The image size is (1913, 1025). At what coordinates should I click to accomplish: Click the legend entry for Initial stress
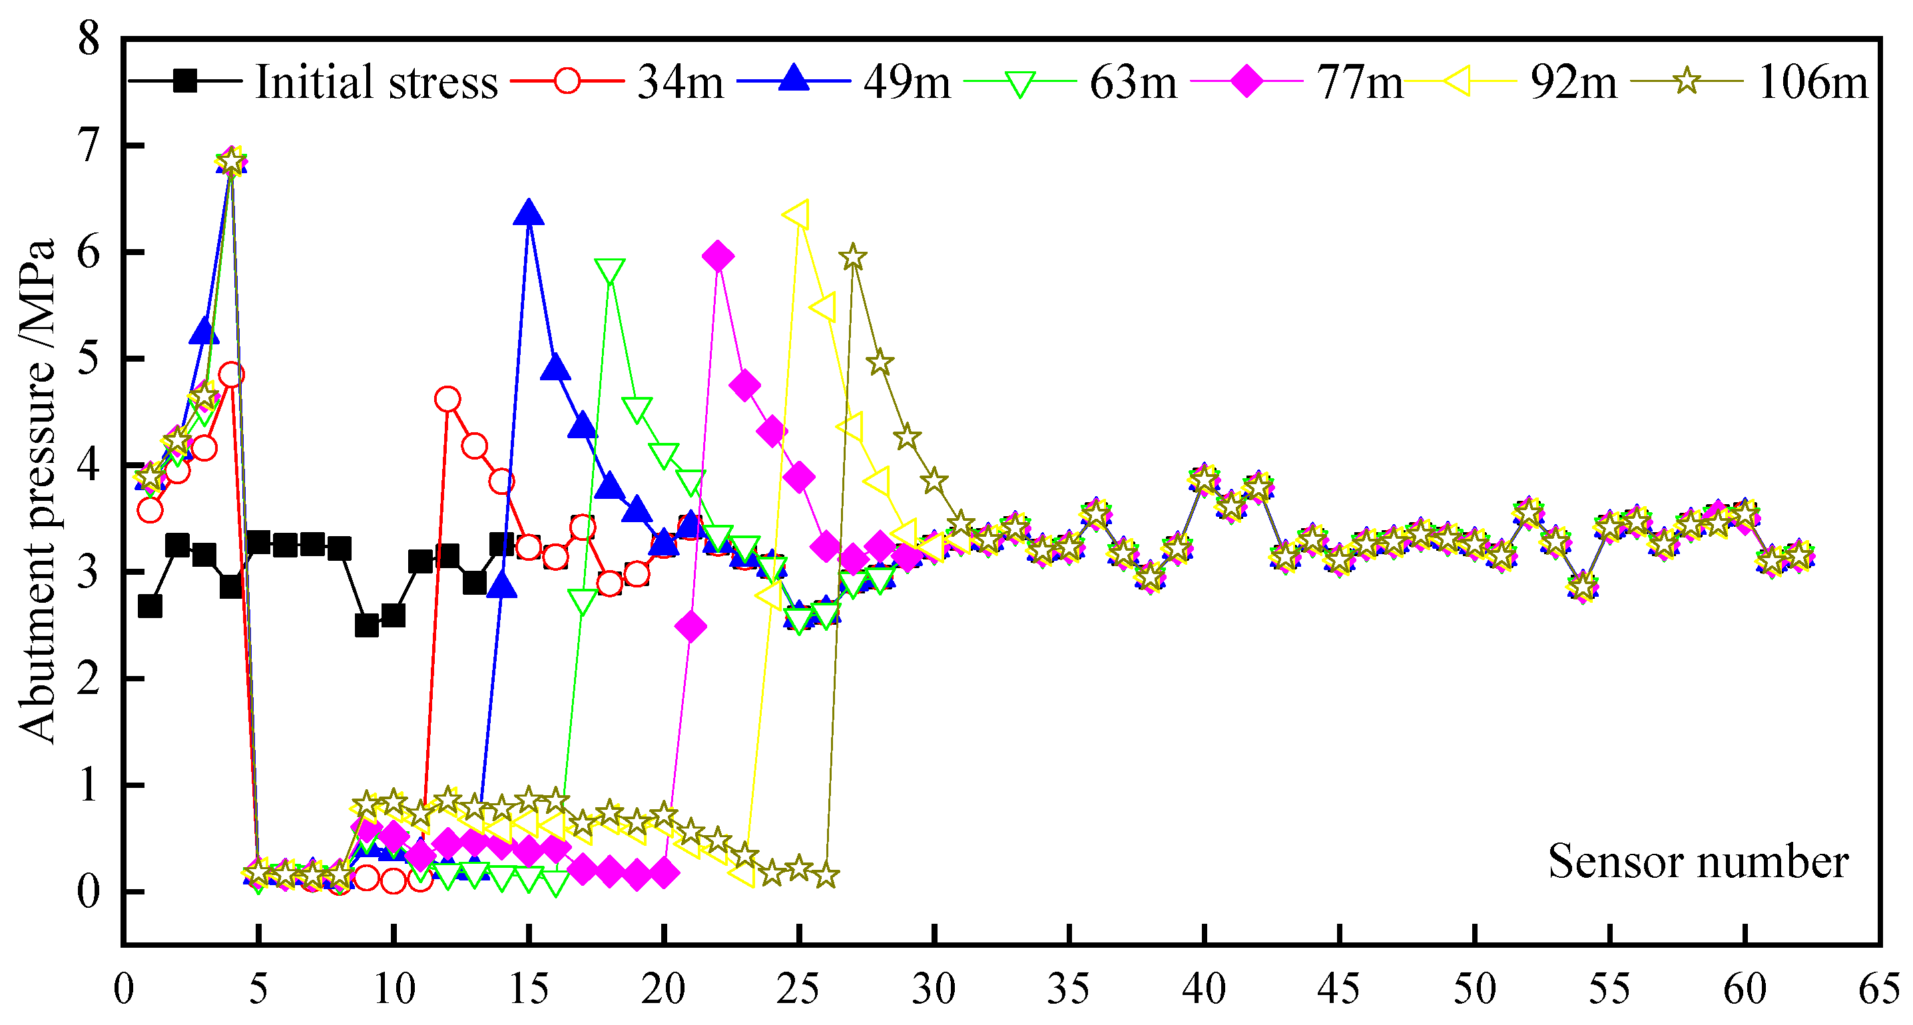click(x=376, y=82)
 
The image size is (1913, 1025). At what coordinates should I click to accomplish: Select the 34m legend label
click(x=679, y=82)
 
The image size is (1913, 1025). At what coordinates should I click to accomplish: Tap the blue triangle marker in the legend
click(x=794, y=79)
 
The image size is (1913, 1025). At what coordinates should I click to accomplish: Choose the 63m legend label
click(x=1133, y=82)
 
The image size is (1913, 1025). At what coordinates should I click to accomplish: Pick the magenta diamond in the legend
click(x=1247, y=80)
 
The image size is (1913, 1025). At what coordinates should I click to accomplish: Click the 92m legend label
click(x=1573, y=82)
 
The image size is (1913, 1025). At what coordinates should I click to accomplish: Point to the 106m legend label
click(x=1812, y=82)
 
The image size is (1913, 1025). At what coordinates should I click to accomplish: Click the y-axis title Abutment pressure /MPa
click(x=37, y=490)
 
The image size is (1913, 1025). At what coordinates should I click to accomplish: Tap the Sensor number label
click(x=1698, y=862)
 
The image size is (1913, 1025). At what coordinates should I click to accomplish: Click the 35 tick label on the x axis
click(x=1069, y=989)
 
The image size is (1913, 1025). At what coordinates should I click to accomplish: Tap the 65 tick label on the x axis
click(x=1879, y=989)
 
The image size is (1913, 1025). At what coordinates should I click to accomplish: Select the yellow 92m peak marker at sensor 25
click(x=798, y=215)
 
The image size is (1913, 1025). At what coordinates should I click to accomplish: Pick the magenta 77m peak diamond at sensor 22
click(x=717, y=257)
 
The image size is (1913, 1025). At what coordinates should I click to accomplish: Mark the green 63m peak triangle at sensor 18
click(x=610, y=272)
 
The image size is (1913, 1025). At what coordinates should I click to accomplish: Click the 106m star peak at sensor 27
click(x=853, y=258)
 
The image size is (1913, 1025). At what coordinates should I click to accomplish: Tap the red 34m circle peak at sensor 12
click(x=447, y=400)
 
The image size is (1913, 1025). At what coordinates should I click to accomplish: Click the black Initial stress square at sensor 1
click(x=150, y=607)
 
